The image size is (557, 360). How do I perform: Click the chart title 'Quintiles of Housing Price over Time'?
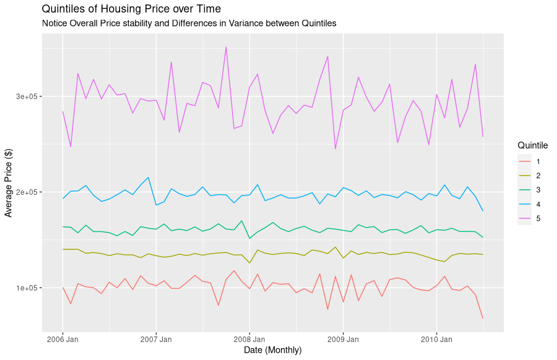pos(131,9)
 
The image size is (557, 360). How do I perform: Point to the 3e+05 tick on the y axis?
pos(27,96)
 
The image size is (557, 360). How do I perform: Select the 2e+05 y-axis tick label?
pos(27,192)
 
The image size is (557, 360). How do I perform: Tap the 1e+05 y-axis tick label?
pos(27,288)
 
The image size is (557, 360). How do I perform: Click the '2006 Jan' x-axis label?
pos(63,340)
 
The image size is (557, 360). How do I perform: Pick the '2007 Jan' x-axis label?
pos(156,340)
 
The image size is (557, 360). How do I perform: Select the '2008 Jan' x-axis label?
pos(249,340)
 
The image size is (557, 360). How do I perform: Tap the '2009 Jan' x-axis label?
pos(343,340)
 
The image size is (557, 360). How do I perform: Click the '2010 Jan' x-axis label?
pos(437,340)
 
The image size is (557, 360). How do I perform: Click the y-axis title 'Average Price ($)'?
pos(9,182)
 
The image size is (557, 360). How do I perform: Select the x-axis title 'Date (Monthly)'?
pos(273,351)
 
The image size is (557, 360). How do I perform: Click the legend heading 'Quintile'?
pos(532,145)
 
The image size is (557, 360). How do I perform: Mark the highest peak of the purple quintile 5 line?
pos(226,47)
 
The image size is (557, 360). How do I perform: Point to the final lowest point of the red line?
pos(483,319)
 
